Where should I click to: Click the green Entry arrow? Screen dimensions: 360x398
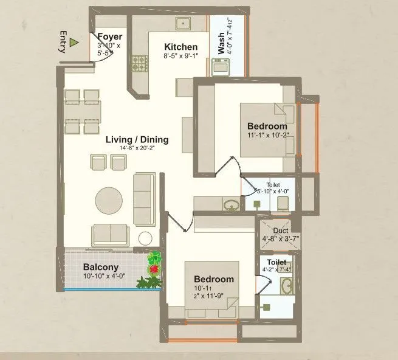tap(74, 43)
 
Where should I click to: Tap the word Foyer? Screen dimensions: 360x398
tap(109, 37)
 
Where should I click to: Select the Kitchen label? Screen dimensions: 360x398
tap(180, 47)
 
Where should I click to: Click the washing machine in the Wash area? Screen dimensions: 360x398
tap(219, 66)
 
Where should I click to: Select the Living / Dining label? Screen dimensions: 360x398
tap(137, 140)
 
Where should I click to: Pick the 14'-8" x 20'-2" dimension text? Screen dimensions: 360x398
tap(137, 148)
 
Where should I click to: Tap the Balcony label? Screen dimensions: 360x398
tap(101, 267)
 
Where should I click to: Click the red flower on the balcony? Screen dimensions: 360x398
tap(154, 268)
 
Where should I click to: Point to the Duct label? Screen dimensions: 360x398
tap(280, 231)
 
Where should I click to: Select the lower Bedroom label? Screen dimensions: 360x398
tap(214, 279)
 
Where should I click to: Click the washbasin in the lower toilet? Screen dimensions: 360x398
tap(287, 286)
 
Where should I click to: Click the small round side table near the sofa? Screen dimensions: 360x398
tap(145, 238)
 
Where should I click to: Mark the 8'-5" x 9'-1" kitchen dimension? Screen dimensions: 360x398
tap(180, 55)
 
